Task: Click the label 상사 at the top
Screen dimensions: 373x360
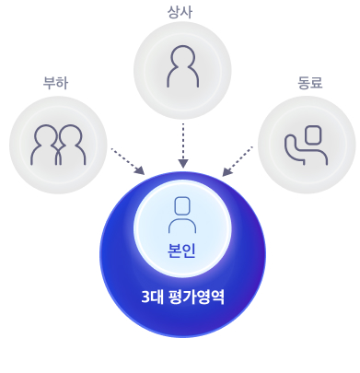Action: coord(180,11)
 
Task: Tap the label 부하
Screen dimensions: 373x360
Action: coord(56,83)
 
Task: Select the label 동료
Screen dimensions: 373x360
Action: coord(309,83)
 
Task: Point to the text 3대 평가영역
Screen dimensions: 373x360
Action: coord(183,297)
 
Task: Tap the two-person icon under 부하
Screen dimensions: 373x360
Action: coord(58,146)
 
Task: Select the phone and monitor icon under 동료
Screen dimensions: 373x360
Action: coord(307,145)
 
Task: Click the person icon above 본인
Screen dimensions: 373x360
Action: coord(182,214)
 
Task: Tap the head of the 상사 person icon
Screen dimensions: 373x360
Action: coord(182,56)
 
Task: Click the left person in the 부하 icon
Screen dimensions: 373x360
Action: coord(45,146)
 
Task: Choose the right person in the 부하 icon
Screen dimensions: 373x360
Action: coord(71,146)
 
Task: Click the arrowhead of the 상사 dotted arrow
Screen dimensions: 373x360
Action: coord(183,163)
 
